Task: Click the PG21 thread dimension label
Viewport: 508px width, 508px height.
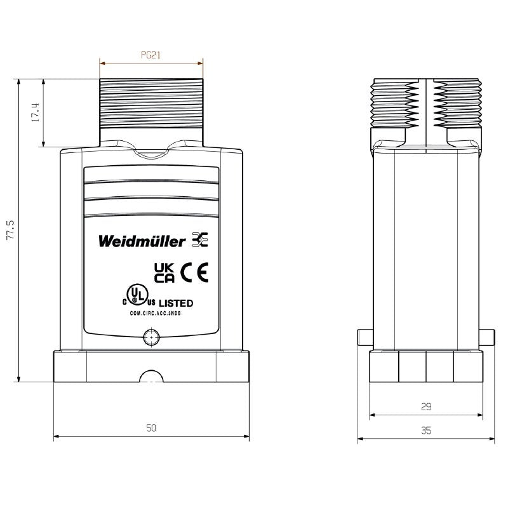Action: coord(150,55)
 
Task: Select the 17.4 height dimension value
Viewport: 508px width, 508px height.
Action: coord(36,112)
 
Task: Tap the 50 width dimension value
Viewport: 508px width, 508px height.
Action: coord(151,428)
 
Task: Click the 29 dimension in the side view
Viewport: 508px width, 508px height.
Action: coord(426,406)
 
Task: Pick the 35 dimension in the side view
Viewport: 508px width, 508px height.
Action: coord(426,431)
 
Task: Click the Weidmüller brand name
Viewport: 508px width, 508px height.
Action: coord(142,241)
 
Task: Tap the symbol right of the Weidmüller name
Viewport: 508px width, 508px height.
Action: coord(199,240)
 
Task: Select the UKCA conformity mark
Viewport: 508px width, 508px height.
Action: coord(164,273)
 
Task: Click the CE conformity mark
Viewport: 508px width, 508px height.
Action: coord(194,273)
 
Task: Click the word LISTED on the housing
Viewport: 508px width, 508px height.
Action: coord(175,304)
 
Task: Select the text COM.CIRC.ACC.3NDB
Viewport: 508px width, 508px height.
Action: coord(151,314)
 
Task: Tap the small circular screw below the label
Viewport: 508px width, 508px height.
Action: coord(151,337)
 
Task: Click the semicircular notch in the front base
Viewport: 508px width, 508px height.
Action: coord(151,378)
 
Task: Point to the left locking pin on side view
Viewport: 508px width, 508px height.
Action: coord(364,337)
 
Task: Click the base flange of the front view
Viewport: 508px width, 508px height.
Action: coord(151,367)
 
